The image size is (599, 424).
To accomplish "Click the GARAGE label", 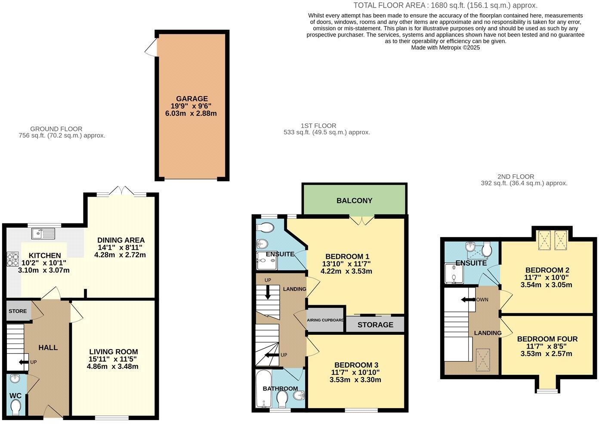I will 191,99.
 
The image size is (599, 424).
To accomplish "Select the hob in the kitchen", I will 12,260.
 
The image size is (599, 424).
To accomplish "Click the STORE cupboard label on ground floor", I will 18,311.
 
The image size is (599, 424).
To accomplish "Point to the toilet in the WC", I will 16,406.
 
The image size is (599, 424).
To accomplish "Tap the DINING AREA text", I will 120,240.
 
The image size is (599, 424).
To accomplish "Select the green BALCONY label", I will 354,201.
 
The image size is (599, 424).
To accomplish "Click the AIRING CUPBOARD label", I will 325,320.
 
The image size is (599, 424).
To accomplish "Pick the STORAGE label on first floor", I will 375,325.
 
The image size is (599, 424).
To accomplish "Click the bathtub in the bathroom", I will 262,389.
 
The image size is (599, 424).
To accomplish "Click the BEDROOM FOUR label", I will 547,339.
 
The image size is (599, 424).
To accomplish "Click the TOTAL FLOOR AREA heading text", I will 445,6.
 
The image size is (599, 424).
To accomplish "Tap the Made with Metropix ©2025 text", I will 445,48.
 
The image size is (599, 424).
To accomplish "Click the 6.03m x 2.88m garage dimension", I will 191,114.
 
